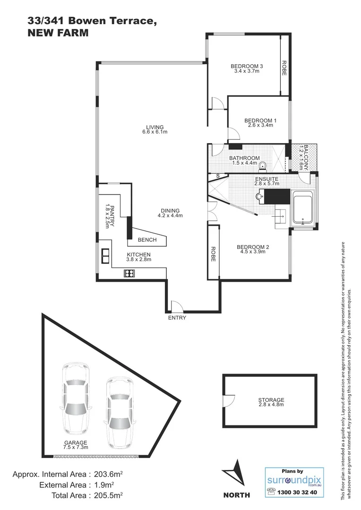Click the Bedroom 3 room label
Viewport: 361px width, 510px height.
click(247, 66)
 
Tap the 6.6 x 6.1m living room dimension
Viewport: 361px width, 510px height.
click(155, 132)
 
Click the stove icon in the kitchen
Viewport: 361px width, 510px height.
click(129, 273)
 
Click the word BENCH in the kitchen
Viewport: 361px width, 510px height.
click(147, 240)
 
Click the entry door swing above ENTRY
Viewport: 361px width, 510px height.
click(174, 306)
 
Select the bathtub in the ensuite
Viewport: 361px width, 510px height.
click(303, 207)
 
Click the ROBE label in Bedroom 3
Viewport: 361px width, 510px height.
click(284, 68)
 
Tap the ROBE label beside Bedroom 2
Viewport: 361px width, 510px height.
click(213, 254)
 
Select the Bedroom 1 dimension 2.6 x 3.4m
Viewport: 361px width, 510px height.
click(260, 126)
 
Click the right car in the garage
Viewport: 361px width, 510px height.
click(118, 411)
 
